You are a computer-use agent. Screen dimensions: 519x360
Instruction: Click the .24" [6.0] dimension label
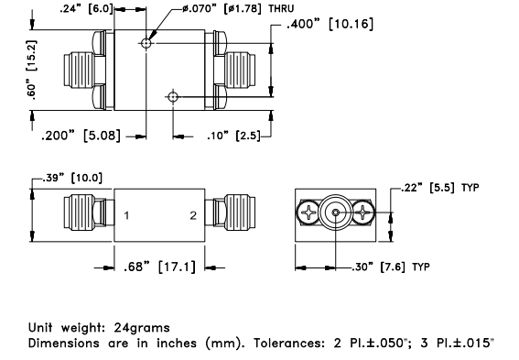[86, 8]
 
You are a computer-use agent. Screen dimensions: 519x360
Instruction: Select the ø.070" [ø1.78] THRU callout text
[238, 8]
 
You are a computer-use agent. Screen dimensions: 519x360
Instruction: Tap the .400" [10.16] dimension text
[330, 24]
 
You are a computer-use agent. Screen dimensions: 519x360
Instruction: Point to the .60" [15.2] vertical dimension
[32, 70]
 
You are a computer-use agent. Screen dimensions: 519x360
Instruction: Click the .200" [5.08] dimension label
[81, 136]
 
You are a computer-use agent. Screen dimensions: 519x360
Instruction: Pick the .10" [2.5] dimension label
[234, 136]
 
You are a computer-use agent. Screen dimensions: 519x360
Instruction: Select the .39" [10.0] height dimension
[72, 178]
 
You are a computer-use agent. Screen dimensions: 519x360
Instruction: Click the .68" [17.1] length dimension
[159, 267]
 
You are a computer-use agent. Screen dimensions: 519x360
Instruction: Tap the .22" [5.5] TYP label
[440, 188]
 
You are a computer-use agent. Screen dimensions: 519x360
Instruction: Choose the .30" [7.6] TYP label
[391, 267]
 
